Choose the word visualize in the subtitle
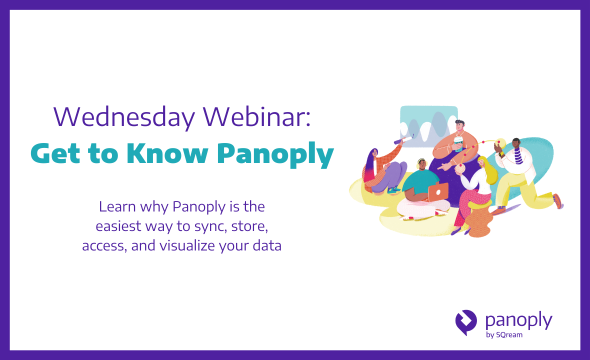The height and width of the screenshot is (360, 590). tap(185, 246)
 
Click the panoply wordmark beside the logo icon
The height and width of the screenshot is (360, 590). tap(518, 320)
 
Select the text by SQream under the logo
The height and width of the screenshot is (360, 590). tap(504, 335)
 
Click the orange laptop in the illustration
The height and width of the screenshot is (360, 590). tap(438, 191)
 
